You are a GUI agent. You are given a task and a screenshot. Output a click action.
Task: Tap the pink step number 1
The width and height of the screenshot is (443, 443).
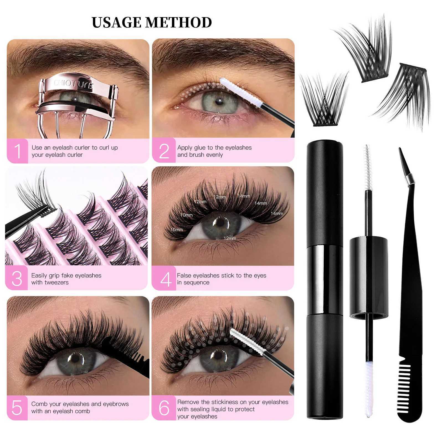click(x=17, y=151)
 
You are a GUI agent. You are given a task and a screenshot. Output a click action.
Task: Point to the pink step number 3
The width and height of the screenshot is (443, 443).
click(x=17, y=279)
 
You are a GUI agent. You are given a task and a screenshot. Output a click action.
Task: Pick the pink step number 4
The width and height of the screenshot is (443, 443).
click(x=166, y=279)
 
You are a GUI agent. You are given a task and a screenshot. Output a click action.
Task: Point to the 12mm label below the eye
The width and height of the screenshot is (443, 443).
click(x=230, y=238)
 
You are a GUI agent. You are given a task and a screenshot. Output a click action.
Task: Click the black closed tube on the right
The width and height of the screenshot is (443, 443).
click(x=325, y=277)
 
